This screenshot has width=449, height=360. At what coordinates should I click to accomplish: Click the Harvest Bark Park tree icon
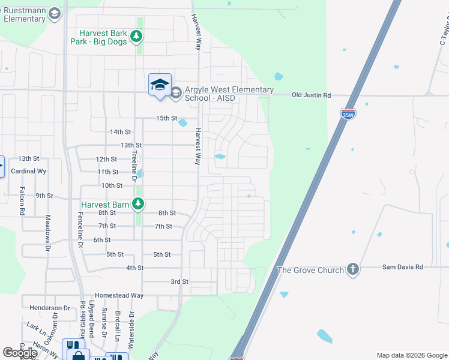137,37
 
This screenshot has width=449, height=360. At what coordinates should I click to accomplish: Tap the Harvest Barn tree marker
138,205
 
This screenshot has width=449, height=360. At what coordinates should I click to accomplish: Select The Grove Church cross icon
353,269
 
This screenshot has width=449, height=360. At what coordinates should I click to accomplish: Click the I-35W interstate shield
348,114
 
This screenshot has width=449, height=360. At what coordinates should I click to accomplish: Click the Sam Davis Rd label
403,266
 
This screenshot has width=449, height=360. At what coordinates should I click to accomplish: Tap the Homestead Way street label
119,295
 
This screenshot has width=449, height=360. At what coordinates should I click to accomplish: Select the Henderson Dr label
50,308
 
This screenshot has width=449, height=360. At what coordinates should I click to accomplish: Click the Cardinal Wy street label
29,171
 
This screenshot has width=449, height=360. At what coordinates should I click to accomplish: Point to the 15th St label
167,118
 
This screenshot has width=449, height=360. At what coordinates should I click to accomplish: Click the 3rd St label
179,281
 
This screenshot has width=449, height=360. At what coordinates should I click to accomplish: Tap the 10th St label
112,185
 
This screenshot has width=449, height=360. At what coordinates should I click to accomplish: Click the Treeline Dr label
134,162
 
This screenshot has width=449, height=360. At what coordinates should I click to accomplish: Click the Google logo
20,353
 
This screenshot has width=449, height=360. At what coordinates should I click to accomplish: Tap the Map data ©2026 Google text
412,355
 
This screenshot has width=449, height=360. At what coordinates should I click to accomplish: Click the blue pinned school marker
160,85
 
